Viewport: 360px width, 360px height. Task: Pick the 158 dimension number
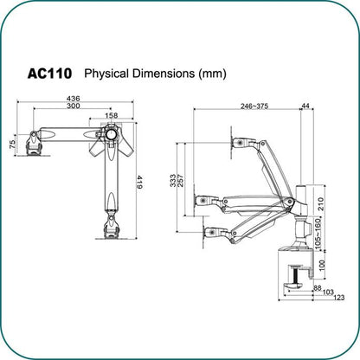click(112, 115)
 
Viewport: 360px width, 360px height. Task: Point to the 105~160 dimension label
click(318, 234)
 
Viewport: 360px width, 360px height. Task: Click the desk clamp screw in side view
click(296, 275)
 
